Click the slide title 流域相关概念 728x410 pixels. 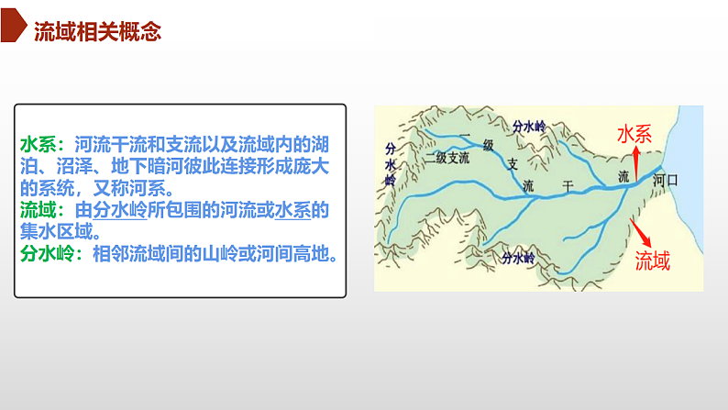pyautogui.click(x=96, y=33)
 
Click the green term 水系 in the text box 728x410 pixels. pyautogui.click(x=38, y=145)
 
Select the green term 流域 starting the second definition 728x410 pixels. pyautogui.click(x=38, y=210)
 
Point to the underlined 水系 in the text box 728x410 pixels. pyautogui.click(x=292, y=210)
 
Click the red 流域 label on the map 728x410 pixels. pyautogui.click(x=653, y=260)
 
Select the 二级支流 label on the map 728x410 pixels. pyautogui.click(x=447, y=158)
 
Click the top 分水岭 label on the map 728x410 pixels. pyautogui.click(x=529, y=126)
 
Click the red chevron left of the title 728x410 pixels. pyautogui.click(x=13, y=31)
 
